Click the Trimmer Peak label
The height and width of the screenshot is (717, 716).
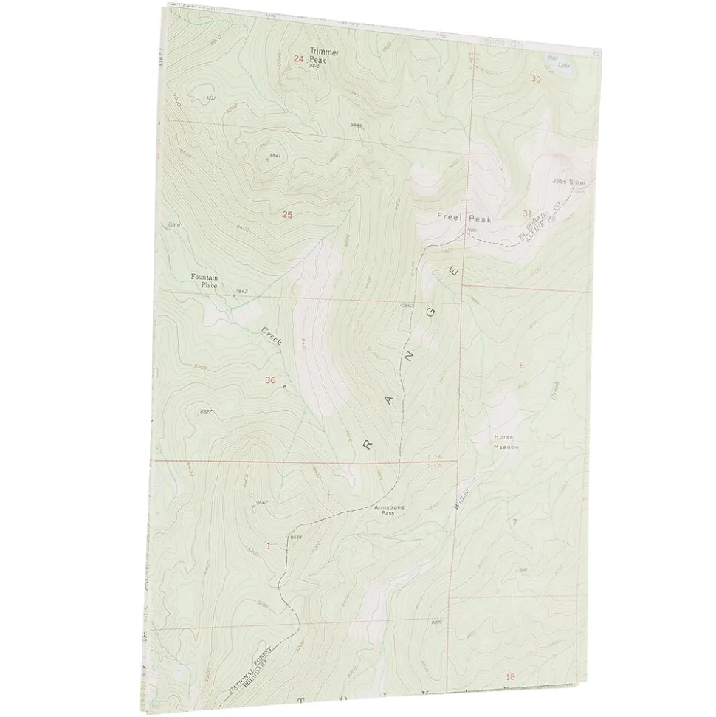(322, 56)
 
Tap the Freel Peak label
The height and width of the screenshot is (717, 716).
(464, 218)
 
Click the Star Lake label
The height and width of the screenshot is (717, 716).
(565, 61)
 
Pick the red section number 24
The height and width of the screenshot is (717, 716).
(298, 59)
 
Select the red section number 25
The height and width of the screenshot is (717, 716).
(287, 215)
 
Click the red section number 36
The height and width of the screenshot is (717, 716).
(270, 380)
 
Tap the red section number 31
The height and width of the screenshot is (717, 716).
(527, 213)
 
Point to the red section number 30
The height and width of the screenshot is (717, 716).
(535, 79)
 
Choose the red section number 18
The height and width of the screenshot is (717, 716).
(509, 676)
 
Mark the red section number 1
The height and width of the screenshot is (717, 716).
(268, 546)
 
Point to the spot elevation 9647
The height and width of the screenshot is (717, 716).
(260, 502)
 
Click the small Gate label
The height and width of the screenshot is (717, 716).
(174, 224)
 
